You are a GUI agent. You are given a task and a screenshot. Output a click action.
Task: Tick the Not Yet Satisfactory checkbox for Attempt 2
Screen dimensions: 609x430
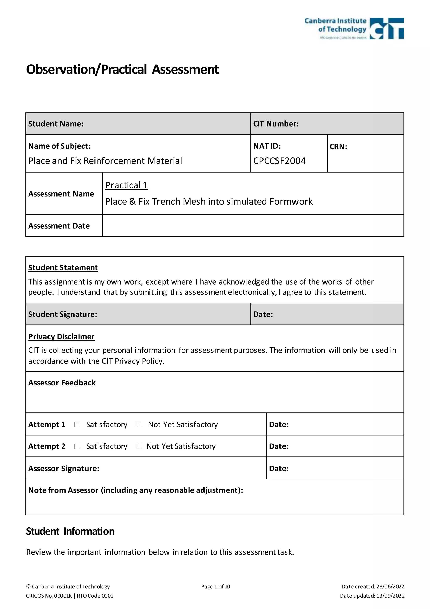[x=138, y=446]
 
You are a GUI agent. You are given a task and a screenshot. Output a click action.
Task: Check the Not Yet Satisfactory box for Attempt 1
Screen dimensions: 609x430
[x=138, y=425]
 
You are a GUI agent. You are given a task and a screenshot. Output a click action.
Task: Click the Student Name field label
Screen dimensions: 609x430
[x=56, y=124]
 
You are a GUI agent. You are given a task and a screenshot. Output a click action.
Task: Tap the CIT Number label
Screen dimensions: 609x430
[x=276, y=124]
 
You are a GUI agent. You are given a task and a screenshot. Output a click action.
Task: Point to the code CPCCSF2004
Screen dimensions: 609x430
[x=279, y=161]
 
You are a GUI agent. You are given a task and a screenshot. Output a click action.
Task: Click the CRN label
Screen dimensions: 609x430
[x=338, y=147]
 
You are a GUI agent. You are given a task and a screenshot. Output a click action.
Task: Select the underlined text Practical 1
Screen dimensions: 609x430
[x=126, y=185]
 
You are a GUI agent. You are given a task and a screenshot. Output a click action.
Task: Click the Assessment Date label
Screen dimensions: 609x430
[x=59, y=226]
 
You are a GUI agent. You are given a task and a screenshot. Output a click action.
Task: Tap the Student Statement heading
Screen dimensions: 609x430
[x=63, y=268]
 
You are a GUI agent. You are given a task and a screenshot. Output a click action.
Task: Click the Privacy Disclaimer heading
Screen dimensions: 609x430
[x=61, y=337]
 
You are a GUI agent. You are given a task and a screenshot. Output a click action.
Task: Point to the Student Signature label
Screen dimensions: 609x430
[x=63, y=314]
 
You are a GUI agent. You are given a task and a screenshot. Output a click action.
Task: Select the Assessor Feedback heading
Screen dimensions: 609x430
[x=62, y=383]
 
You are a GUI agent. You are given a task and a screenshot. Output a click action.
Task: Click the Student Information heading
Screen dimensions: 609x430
[x=70, y=531]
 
